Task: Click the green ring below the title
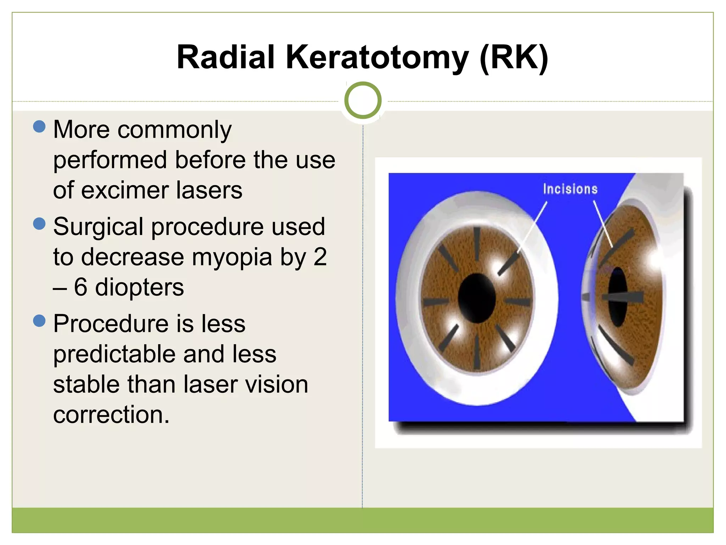[x=363, y=100]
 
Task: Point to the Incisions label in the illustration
[x=570, y=189]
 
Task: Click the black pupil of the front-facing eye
[x=476, y=298]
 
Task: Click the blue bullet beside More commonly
[x=39, y=126]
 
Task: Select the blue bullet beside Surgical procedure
[x=39, y=224]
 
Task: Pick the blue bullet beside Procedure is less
[x=39, y=321]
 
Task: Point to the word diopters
[x=139, y=287]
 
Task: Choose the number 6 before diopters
[x=80, y=287]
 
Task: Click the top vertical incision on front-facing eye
[x=477, y=244]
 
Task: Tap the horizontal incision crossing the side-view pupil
[x=622, y=297]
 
